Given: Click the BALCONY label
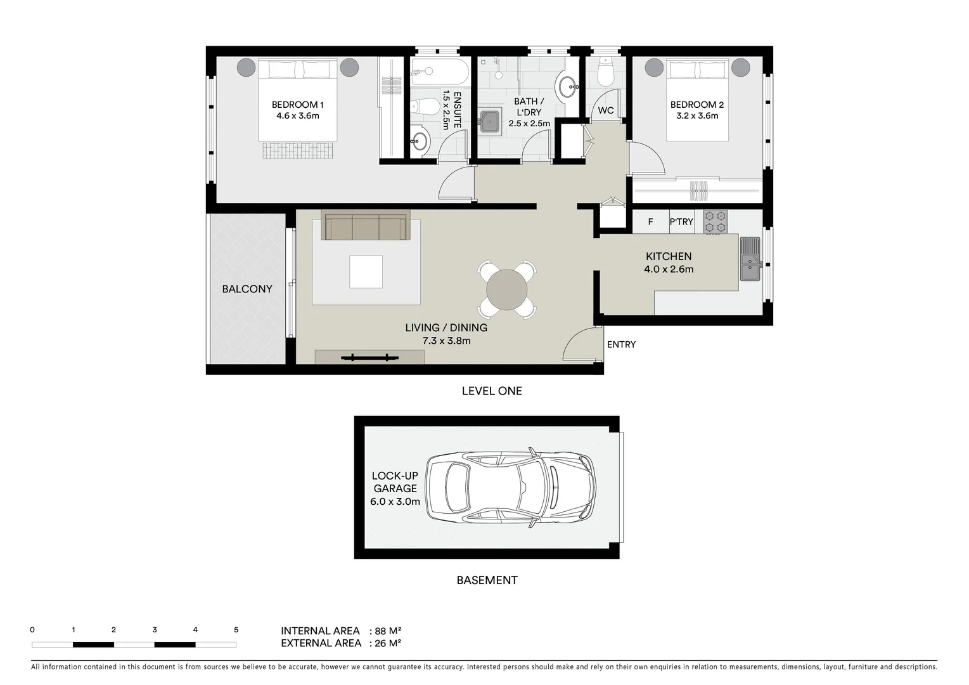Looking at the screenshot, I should [x=247, y=289].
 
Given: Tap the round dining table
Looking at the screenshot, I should [x=506, y=290].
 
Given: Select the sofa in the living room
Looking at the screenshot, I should [x=366, y=226].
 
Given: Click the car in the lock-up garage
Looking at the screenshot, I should [x=510, y=488].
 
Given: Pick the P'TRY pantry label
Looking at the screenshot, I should [x=681, y=222].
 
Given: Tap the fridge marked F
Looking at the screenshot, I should [x=650, y=222].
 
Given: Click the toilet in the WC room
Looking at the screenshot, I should [x=605, y=74].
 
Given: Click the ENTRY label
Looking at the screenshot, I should [x=621, y=344].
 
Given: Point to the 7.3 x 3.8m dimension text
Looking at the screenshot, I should [x=446, y=341].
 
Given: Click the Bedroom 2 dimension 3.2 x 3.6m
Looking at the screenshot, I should [x=696, y=116].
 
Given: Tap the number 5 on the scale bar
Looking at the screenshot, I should [x=236, y=630].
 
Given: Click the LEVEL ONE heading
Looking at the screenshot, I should [x=492, y=391].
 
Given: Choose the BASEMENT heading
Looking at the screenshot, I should [x=487, y=580].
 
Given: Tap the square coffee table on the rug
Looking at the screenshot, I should [x=366, y=271].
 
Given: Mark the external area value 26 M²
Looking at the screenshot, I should [x=388, y=643].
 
